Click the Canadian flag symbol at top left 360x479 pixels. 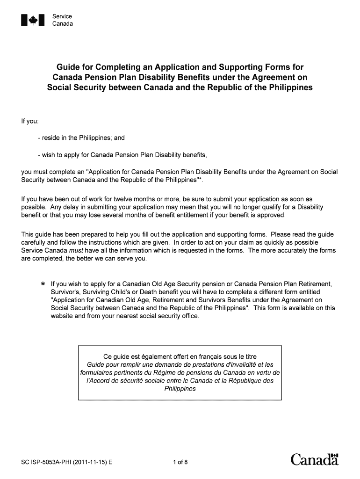[x=33, y=20]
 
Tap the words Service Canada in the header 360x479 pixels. [x=62, y=20]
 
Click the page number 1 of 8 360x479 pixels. [x=180, y=463]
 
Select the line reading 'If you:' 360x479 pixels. [x=29, y=121]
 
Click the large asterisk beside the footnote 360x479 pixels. [x=43, y=285]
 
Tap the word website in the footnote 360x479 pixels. [x=62, y=316]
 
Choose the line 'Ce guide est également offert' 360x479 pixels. [x=180, y=356]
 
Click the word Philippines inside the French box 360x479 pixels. [x=180, y=389]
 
